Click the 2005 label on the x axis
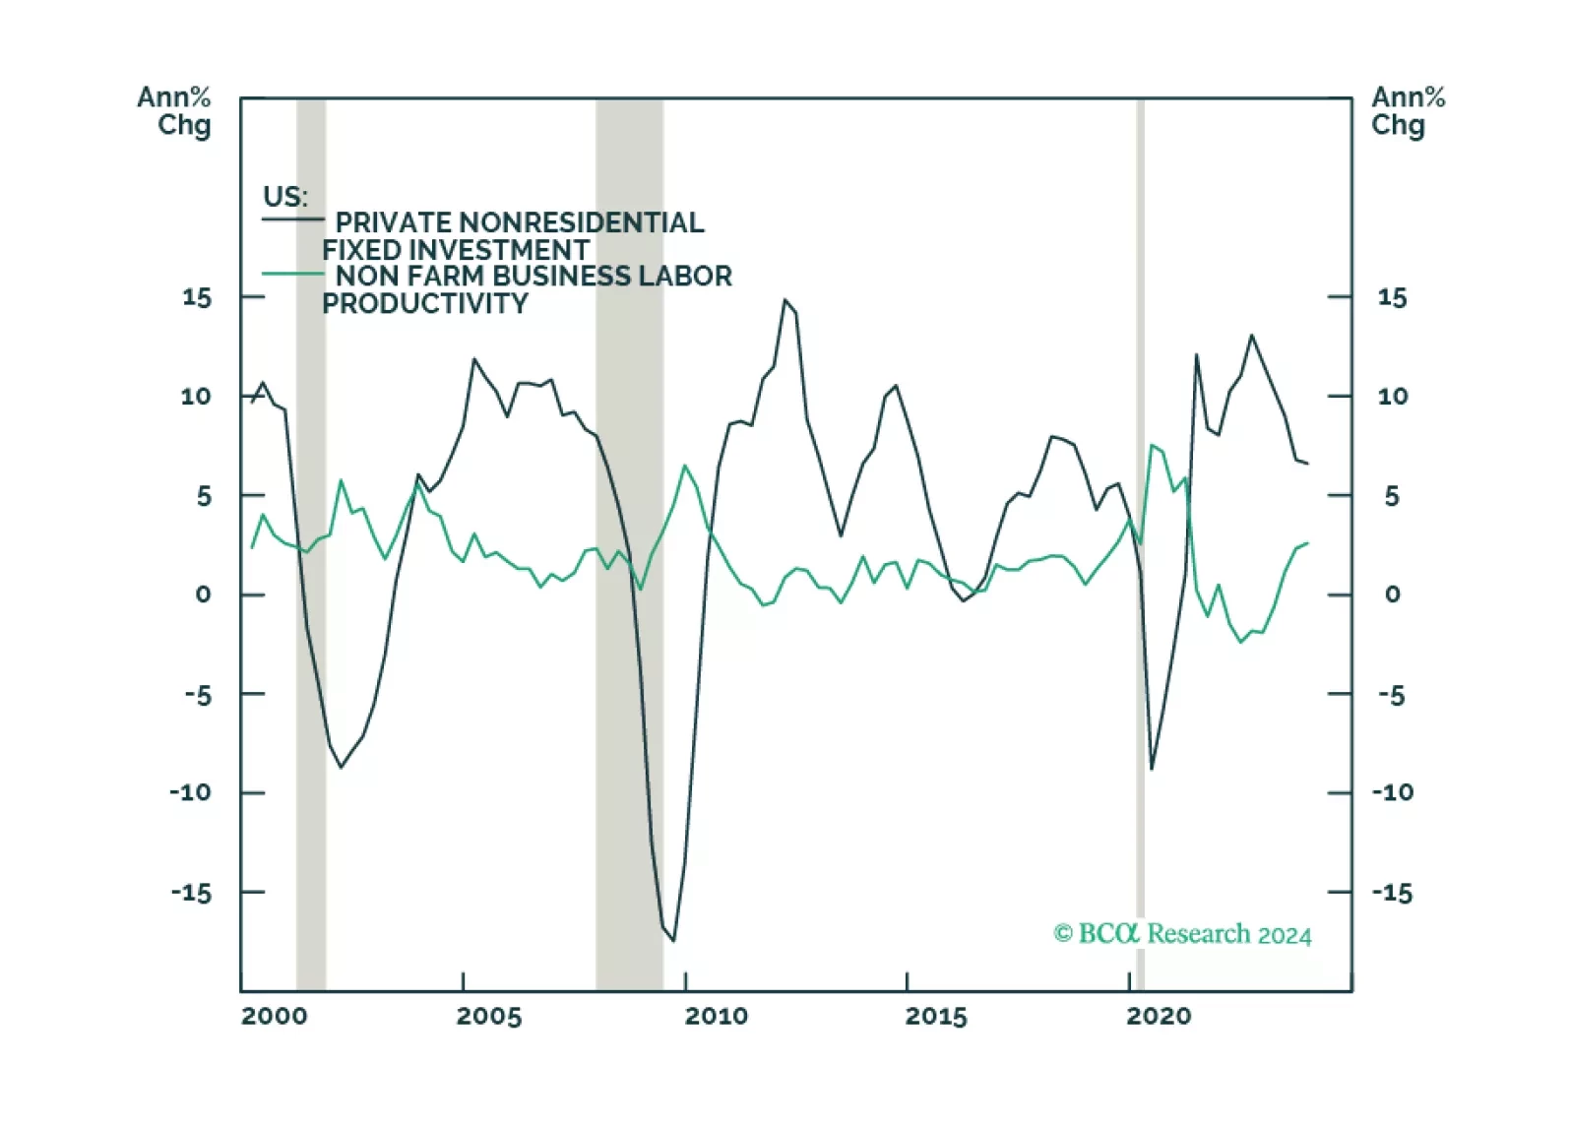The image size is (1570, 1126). point(488,1016)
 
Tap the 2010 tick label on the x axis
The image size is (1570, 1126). point(716,1016)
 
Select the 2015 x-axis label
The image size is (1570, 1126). point(936,1016)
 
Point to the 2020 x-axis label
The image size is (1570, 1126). point(1159,1016)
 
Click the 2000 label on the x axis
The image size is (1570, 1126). point(274,1016)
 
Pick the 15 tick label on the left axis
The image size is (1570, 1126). point(196,297)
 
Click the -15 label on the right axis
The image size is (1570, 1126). point(1392,893)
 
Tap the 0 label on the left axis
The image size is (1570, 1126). point(203,594)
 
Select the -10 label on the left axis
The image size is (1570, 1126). point(190,792)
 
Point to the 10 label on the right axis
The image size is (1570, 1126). point(1392,397)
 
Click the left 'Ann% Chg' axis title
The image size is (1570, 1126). point(174,111)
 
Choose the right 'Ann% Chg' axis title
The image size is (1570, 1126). point(1408,111)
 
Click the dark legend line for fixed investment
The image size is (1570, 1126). point(292,219)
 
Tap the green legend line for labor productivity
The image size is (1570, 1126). point(292,274)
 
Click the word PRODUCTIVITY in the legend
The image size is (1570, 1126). point(424,304)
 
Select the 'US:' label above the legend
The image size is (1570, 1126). point(284,196)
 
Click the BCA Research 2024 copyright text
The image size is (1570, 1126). point(1182,933)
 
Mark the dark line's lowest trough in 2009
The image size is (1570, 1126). point(674,940)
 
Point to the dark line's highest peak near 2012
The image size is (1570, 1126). point(785,300)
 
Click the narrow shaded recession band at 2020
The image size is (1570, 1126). point(1140,541)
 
